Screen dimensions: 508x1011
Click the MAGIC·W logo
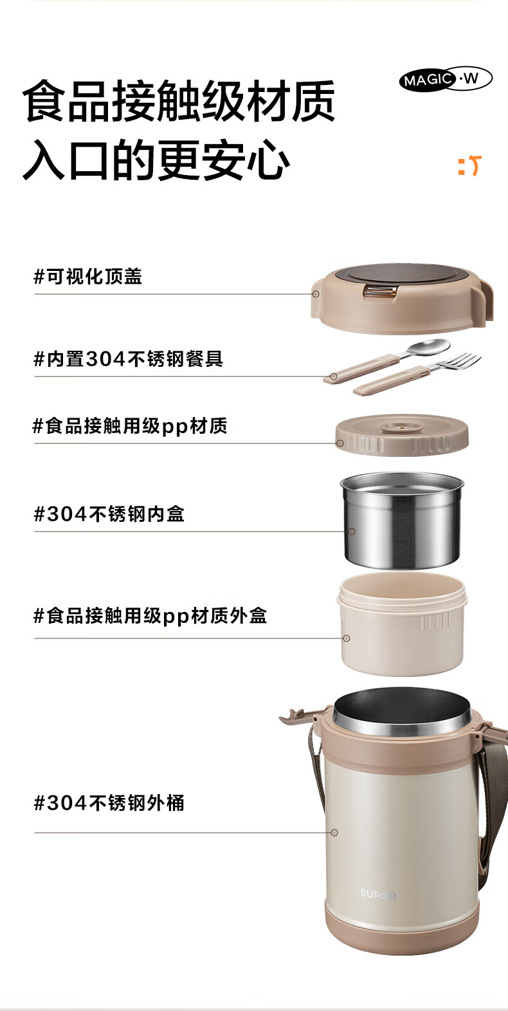pos(446,79)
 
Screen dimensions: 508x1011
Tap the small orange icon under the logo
pos(470,165)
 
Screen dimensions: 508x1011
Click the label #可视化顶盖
pos(88,276)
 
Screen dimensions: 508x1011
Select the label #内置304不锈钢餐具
pos(129,359)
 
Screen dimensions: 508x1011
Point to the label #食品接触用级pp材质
pos(130,426)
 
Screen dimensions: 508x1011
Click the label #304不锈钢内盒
pos(109,514)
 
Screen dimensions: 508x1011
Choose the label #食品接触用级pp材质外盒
pos(150,616)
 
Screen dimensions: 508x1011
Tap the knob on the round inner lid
pos(401,426)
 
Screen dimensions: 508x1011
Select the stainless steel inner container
pos(402,519)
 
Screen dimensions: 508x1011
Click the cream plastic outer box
pos(402,624)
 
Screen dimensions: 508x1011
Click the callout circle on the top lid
pos(316,294)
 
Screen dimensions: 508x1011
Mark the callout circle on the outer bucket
pos(334,833)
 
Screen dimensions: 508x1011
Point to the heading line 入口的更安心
pos(156,160)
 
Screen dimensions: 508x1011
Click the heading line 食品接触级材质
pos(179,100)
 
